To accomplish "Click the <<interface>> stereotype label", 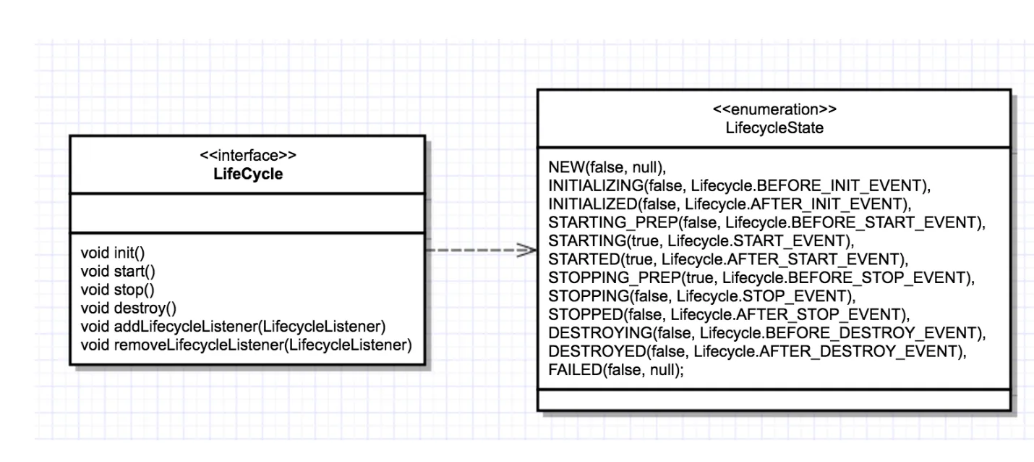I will tap(247, 156).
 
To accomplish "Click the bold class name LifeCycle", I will tap(247, 175).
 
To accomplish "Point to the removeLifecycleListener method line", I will tap(246, 343).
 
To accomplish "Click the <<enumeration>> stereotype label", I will tap(773, 109).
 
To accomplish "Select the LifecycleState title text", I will tap(773, 127).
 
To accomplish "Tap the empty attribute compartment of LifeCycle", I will tap(247, 213).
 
